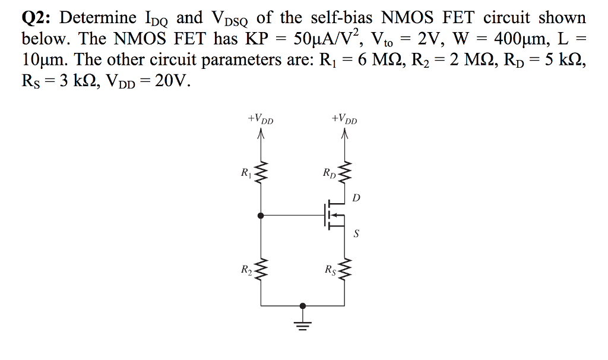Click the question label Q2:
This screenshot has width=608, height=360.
coord(37,18)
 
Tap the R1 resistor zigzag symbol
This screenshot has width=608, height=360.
coord(260,174)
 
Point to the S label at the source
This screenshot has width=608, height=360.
coord(356,233)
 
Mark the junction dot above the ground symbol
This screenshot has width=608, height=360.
coord(303,306)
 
